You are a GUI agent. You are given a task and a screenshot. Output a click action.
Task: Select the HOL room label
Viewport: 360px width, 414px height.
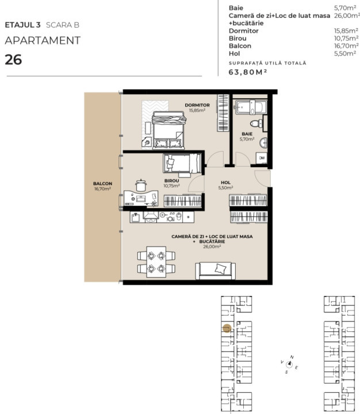(225, 185)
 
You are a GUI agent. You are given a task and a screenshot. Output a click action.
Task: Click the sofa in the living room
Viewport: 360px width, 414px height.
(215, 269)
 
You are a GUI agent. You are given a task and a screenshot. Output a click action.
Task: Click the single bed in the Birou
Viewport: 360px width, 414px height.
(181, 164)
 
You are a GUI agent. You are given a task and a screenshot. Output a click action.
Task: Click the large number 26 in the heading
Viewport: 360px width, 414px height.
(13, 59)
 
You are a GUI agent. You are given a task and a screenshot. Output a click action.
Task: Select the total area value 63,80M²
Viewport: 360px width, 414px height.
(248, 72)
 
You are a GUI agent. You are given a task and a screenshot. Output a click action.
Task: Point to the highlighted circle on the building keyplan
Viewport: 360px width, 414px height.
(227, 329)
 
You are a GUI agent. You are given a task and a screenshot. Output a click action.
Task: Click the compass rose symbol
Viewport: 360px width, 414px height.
(290, 363)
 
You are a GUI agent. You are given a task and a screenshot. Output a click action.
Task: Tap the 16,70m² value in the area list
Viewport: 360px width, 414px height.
(343, 45)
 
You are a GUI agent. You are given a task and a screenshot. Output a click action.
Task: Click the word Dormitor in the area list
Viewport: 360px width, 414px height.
(244, 30)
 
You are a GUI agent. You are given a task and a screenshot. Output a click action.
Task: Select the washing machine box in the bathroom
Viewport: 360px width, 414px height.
(261, 158)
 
